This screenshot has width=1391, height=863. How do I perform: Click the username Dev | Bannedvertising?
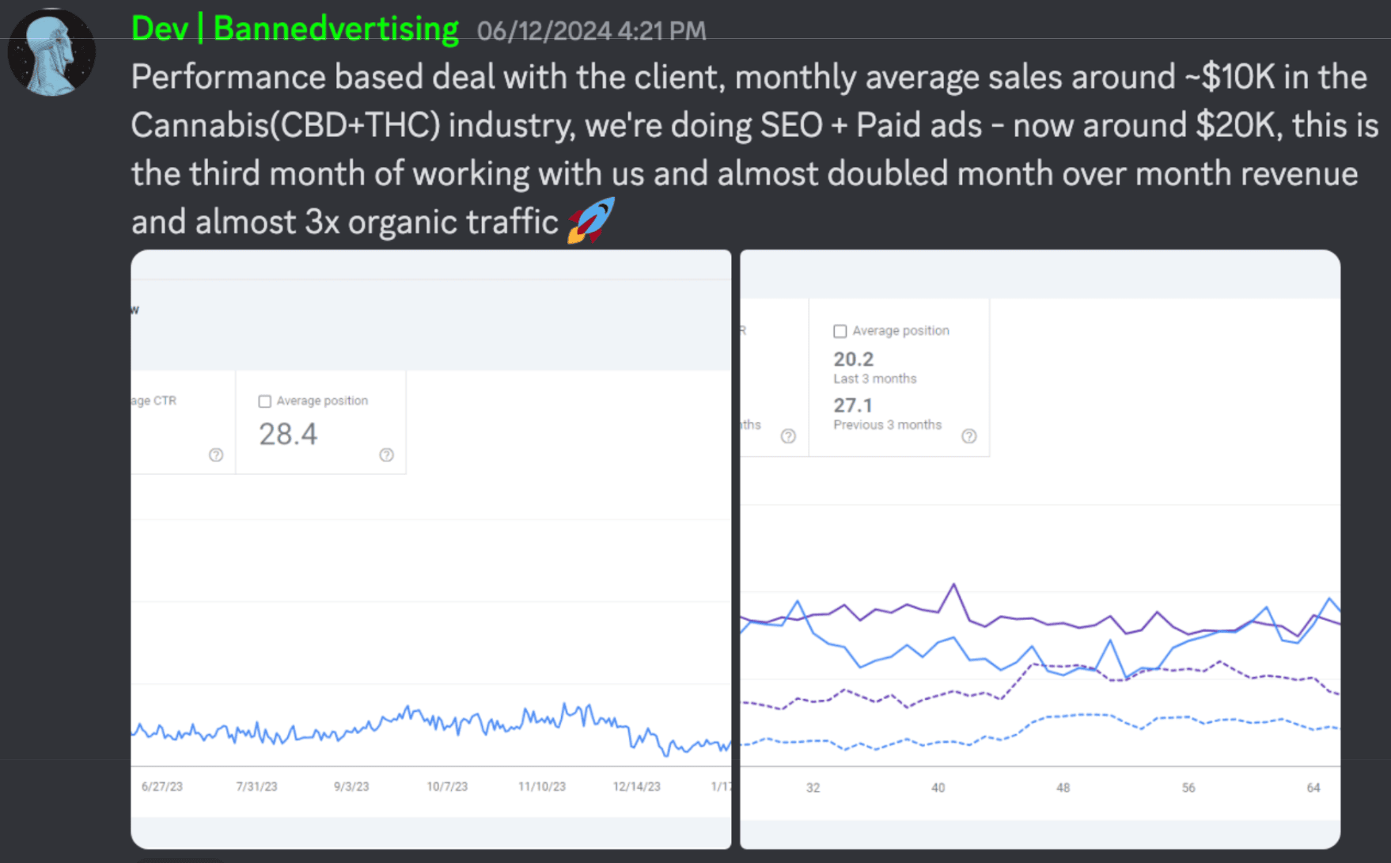[x=294, y=29]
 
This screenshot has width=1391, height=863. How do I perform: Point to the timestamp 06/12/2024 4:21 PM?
[x=591, y=31]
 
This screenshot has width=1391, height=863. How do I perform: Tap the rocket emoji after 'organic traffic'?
[x=590, y=221]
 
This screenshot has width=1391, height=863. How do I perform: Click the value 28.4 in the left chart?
[x=288, y=434]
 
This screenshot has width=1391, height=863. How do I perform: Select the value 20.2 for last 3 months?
[x=853, y=359]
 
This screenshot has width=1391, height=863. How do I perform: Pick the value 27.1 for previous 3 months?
[x=852, y=405]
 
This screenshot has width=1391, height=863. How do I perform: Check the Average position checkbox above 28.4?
[x=265, y=401]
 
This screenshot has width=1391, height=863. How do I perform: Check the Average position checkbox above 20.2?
[x=840, y=331]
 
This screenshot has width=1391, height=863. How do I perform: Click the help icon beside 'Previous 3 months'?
[x=968, y=436]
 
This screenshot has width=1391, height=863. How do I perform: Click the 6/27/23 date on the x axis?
[x=161, y=786]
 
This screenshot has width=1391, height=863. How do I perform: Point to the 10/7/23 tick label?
[x=447, y=786]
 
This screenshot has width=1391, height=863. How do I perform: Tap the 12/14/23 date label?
[x=636, y=786]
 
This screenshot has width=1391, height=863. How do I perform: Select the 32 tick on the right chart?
[x=813, y=788]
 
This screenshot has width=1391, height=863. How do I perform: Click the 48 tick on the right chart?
[x=1063, y=788]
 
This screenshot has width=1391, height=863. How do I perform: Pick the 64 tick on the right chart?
[x=1313, y=788]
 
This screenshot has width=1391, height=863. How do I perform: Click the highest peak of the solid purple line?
[x=954, y=585]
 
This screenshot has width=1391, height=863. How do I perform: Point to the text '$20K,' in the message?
[x=1239, y=126]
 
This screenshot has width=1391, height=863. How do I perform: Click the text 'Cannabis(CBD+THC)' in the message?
[x=286, y=126]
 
